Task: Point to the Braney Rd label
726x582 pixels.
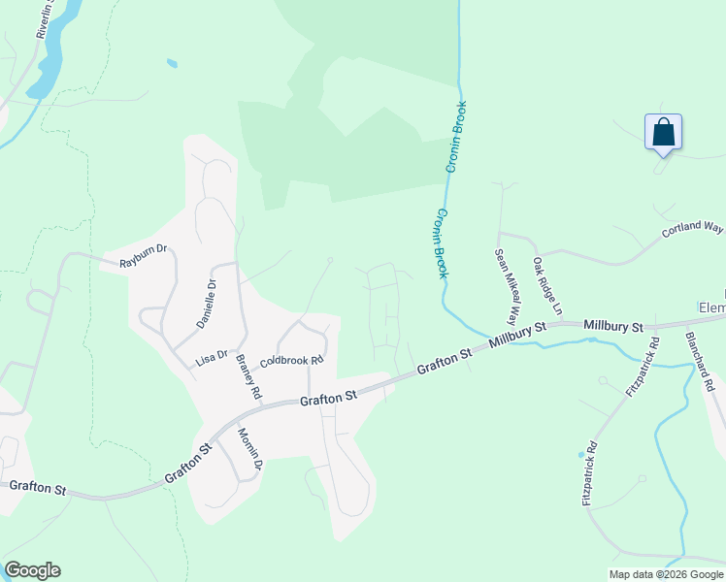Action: click(x=248, y=376)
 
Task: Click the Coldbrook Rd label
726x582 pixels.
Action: click(x=290, y=360)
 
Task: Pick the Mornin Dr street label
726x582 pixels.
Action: click(x=249, y=449)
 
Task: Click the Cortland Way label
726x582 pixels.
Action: click(x=693, y=230)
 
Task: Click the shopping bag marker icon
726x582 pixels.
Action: click(x=663, y=132)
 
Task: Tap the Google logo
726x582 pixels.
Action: click(x=32, y=570)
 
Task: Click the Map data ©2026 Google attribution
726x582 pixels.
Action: click(x=665, y=574)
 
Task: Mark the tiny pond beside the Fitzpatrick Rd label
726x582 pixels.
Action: click(x=581, y=453)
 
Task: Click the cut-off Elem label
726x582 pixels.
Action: click(x=712, y=308)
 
